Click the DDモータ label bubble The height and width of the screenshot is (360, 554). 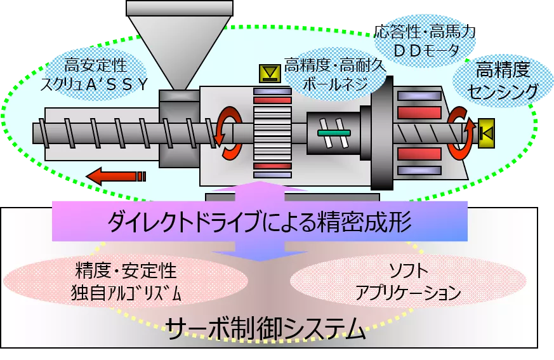pos(419,42)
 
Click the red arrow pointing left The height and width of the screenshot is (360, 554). pos(117,175)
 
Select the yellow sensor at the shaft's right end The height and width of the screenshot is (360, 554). pos(487,132)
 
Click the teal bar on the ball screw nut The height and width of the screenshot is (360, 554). pos(334,132)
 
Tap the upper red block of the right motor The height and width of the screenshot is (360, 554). pos(419,112)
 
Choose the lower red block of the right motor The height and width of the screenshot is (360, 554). pos(419,153)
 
